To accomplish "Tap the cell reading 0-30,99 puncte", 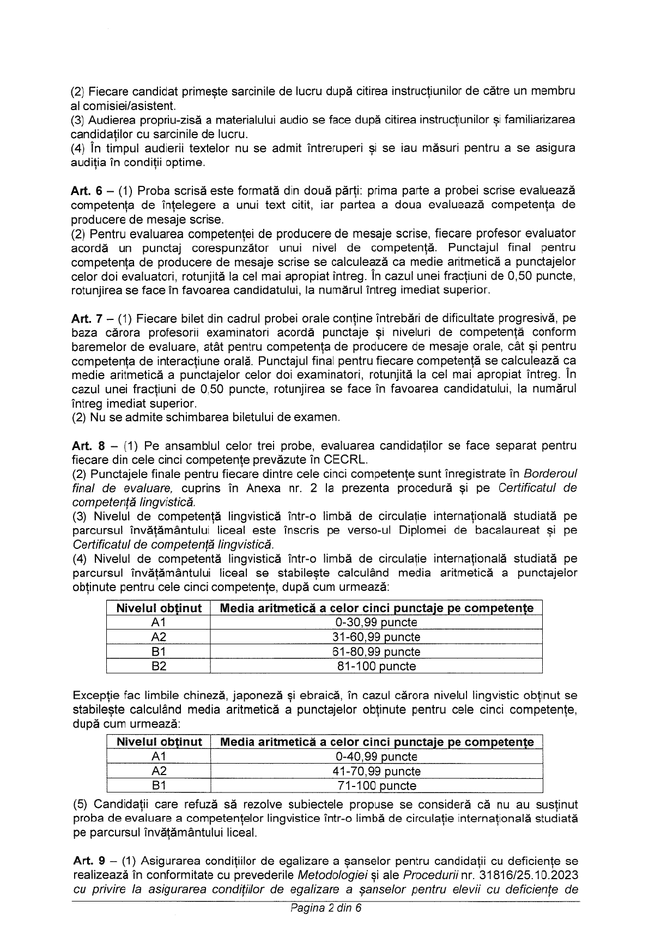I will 376,622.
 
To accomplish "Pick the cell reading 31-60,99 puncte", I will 376,637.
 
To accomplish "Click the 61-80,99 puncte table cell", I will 376,651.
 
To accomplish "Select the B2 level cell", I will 159,665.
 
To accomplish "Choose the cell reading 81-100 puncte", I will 376,665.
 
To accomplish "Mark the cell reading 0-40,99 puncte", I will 376,757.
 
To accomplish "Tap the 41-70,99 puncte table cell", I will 376,771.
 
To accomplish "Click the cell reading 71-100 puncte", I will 376,785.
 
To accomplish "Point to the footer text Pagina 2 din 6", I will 326,908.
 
